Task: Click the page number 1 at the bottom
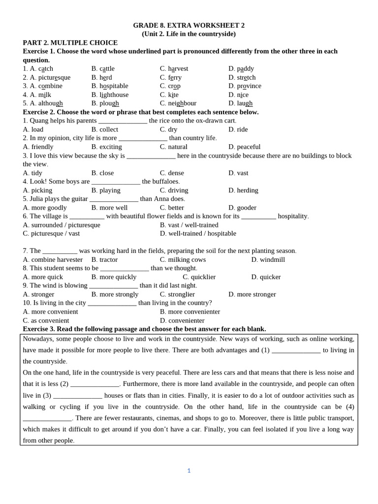coord(189,471)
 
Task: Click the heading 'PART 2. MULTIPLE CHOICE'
coord(70,43)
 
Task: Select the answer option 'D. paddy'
coord(241,69)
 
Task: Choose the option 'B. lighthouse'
coord(110,95)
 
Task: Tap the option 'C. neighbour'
coord(178,103)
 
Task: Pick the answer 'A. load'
coord(33,129)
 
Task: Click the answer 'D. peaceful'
coord(244,147)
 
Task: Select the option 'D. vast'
coord(238,173)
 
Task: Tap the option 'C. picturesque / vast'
coord(51,233)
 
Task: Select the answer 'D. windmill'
coord(268,260)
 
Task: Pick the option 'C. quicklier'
coord(199,277)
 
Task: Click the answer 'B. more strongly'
coord(115,294)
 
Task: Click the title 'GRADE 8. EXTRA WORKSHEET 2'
coord(189,25)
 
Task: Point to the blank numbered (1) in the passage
coord(296,350)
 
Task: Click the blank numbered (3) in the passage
coord(77,396)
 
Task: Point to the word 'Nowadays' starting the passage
coord(37,339)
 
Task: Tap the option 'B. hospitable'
coord(109,86)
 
